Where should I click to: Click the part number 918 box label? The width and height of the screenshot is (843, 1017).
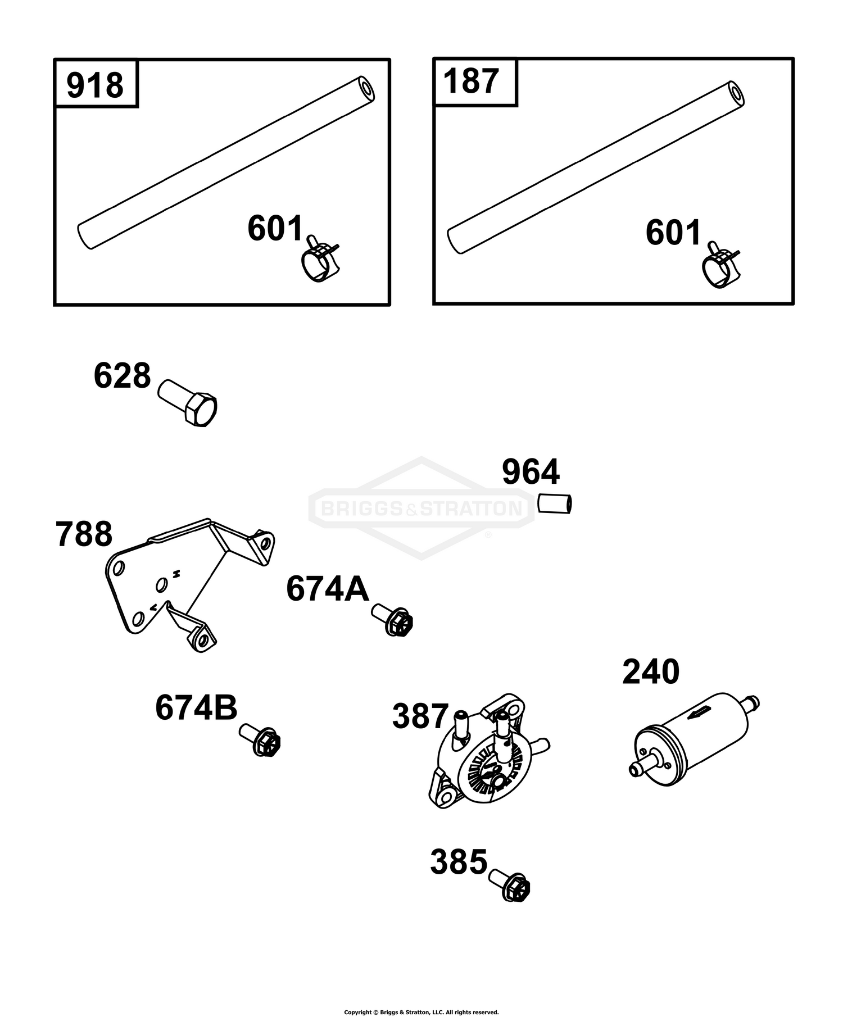(95, 85)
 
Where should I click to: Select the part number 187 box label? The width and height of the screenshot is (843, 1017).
(471, 81)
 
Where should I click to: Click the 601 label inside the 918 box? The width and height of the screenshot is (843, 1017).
(275, 229)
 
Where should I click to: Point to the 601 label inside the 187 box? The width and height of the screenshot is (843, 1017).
(673, 233)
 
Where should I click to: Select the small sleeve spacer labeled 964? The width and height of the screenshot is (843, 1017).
(555, 503)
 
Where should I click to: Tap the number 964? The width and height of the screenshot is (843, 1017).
(531, 472)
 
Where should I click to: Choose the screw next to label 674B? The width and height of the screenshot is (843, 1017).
(260, 739)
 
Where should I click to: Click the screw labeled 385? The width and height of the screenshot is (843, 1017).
(510, 886)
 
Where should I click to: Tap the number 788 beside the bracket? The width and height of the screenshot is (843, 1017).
(84, 534)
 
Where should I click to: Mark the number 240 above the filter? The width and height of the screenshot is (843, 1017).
(651, 672)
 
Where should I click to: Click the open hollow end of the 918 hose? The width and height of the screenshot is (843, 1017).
(367, 89)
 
